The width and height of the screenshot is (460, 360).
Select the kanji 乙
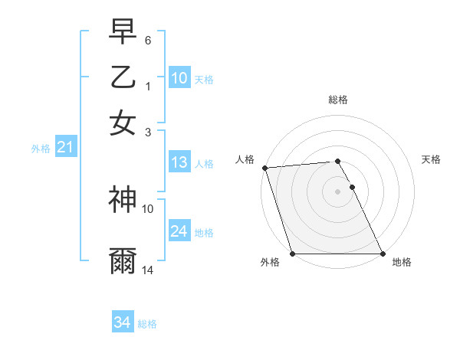pyautogui.click(x=123, y=77)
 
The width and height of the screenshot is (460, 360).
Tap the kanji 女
pyautogui.click(x=123, y=123)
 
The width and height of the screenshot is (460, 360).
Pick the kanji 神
pyautogui.click(x=123, y=200)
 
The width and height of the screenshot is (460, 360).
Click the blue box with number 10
pyautogui.click(x=179, y=77)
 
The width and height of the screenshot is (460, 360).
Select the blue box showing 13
pyautogui.click(x=179, y=162)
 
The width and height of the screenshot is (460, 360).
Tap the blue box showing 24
pyautogui.click(x=179, y=231)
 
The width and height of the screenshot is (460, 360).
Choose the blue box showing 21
pyautogui.click(x=65, y=147)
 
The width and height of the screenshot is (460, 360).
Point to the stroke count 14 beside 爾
pyautogui.click(x=148, y=270)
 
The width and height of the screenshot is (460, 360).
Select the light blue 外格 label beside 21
pyautogui.click(x=40, y=149)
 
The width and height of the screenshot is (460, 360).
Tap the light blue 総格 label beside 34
pyautogui.click(x=147, y=324)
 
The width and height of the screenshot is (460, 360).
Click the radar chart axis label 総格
pyautogui.click(x=338, y=100)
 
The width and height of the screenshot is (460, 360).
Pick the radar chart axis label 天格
pyautogui.click(x=432, y=159)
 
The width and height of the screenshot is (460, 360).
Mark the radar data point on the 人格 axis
pyautogui.click(x=264, y=168)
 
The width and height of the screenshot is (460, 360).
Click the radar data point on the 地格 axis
pyautogui.click(x=383, y=254)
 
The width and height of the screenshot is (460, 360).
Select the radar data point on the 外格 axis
pyautogui.click(x=293, y=254)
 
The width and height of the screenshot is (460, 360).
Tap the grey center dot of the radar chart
pyautogui.click(x=338, y=191)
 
